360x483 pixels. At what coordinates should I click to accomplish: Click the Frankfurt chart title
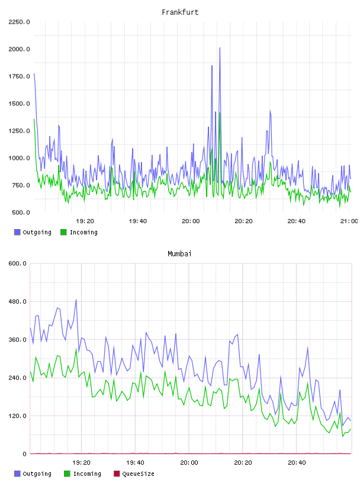click(180, 12)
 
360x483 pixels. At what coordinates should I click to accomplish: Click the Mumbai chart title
click(179, 254)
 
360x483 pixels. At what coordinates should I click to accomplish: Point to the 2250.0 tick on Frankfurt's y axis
click(19, 22)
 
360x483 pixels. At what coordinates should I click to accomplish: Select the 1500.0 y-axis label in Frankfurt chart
click(19, 104)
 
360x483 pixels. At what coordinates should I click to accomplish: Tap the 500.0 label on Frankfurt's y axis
click(21, 212)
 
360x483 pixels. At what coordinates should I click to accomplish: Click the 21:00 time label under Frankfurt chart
click(349, 221)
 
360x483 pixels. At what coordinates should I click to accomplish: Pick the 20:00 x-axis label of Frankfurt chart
click(191, 221)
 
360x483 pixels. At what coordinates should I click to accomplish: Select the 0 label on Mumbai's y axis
click(25, 454)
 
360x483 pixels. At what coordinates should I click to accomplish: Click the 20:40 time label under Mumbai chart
click(297, 463)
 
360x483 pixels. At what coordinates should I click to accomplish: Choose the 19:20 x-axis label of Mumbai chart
click(81, 463)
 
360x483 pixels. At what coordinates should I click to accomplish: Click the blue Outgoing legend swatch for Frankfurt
click(17, 232)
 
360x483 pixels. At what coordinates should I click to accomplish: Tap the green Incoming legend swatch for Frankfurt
click(63, 232)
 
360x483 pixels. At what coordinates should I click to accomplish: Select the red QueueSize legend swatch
click(117, 474)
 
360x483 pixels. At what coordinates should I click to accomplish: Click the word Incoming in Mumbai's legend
click(87, 474)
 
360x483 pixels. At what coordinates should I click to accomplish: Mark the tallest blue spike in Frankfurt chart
click(220, 48)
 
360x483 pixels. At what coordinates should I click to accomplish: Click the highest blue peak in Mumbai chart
click(76, 300)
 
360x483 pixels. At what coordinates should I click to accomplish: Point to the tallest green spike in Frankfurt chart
click(220, 114)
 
